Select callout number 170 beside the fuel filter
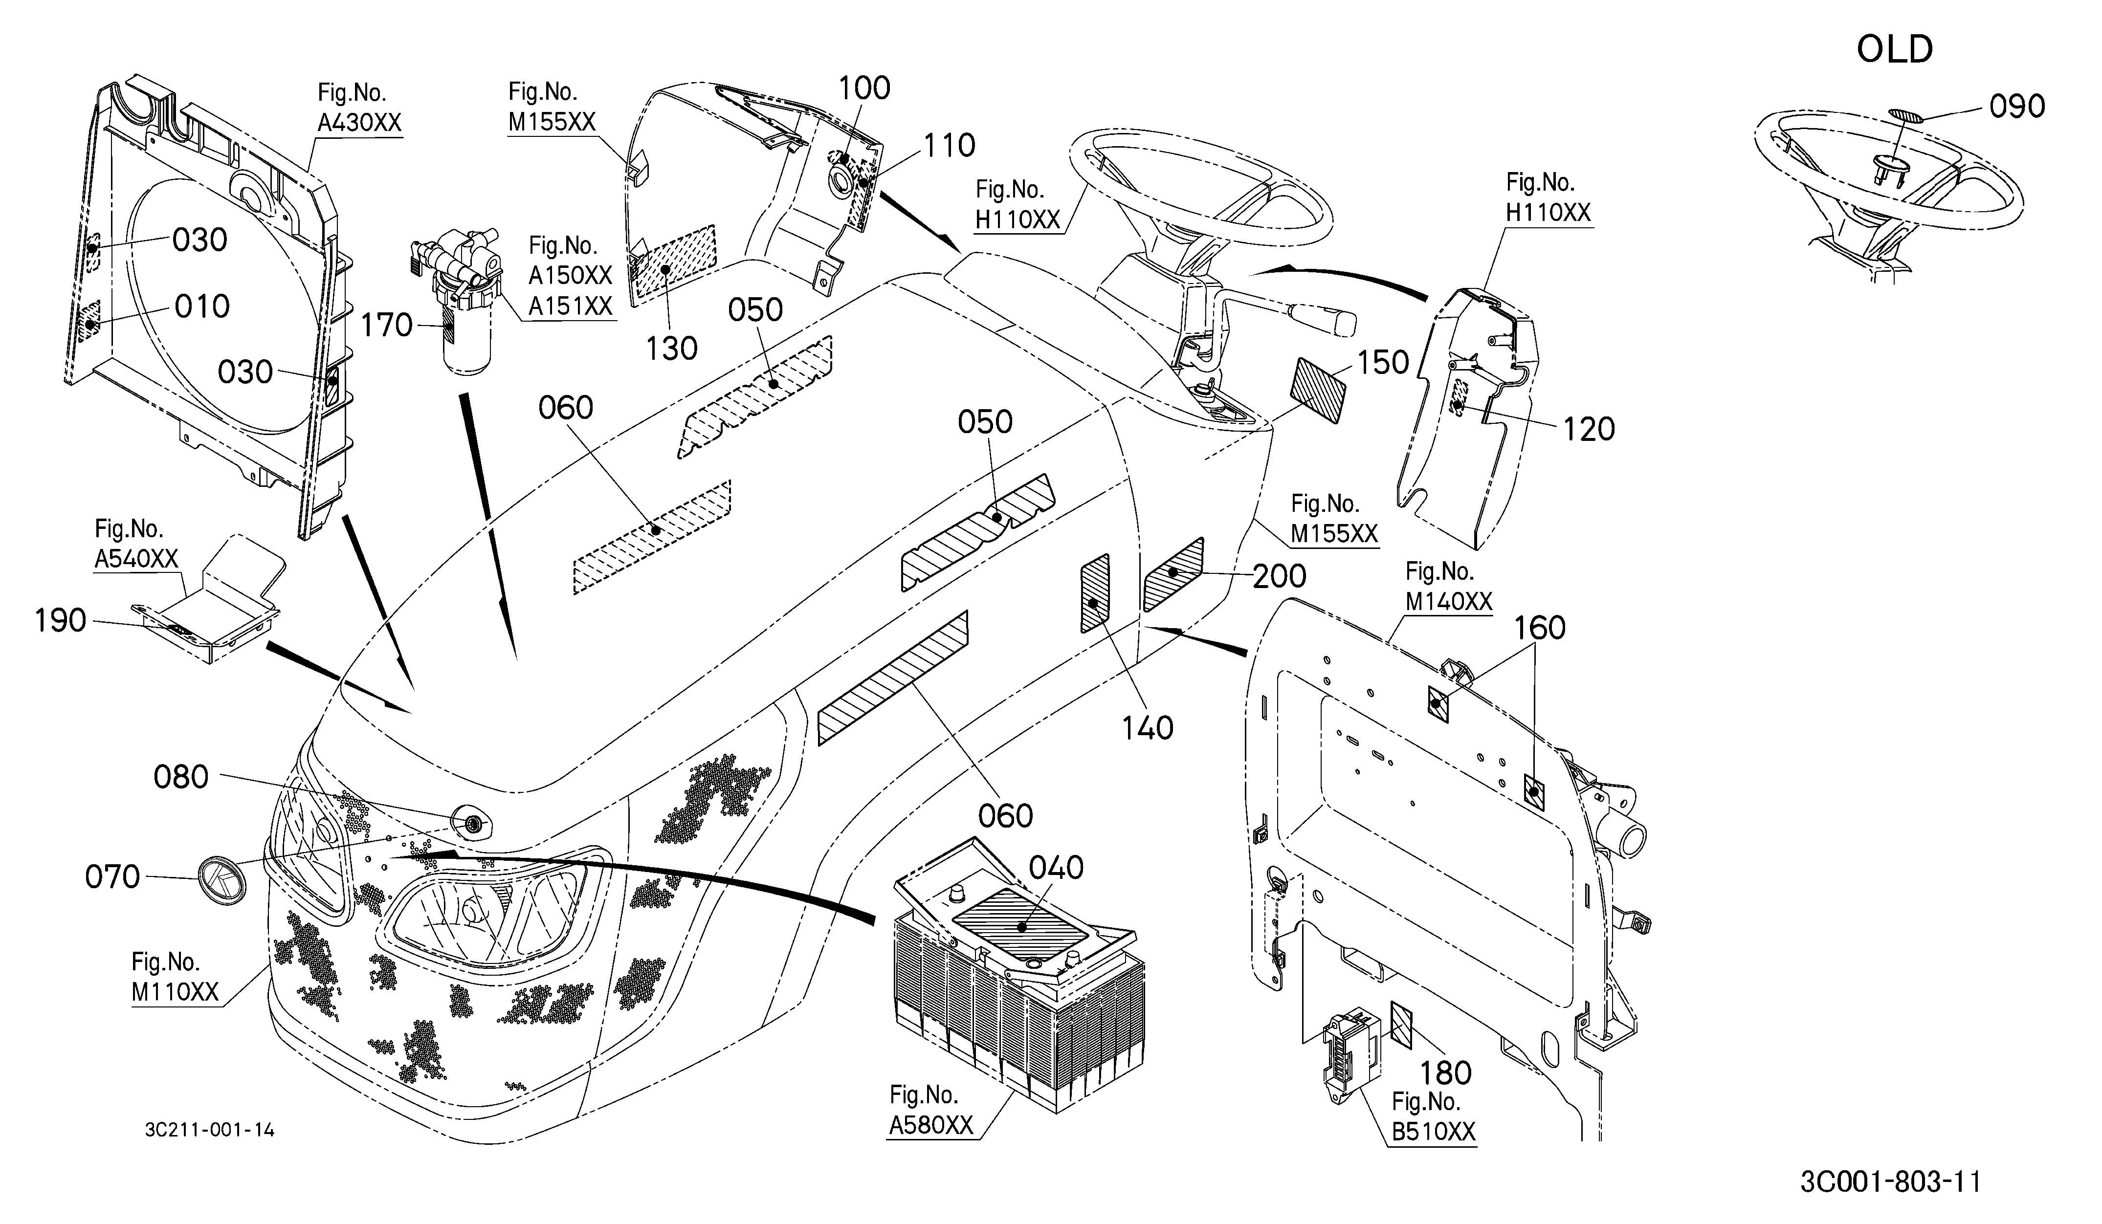pos(386,325)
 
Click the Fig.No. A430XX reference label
pos(359,108)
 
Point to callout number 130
pos(671,349)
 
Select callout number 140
pos(1148,728)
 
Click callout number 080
pos(181,777)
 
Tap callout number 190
pos(60,620)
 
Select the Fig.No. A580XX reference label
pos(931,1110)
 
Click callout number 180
pos(1445,1072)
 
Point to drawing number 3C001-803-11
pos(1890,1181)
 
